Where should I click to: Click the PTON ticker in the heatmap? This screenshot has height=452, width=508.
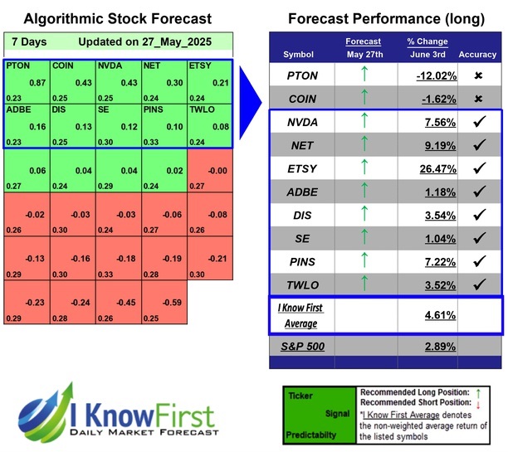[x=17, y=66]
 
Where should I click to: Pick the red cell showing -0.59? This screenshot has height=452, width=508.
[x=173, y=303]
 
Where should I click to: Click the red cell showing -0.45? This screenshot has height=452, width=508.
[x=128, y=303]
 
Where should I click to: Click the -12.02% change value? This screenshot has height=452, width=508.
[x=436, y=75]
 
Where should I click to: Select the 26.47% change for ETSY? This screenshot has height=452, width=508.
[x=438, y=171]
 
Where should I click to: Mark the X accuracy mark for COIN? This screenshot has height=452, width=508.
[x=478, y=99]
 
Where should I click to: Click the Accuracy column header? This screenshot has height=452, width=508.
[x=478, y=55]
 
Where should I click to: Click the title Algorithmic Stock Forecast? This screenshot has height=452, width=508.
[x=117, y=18]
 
